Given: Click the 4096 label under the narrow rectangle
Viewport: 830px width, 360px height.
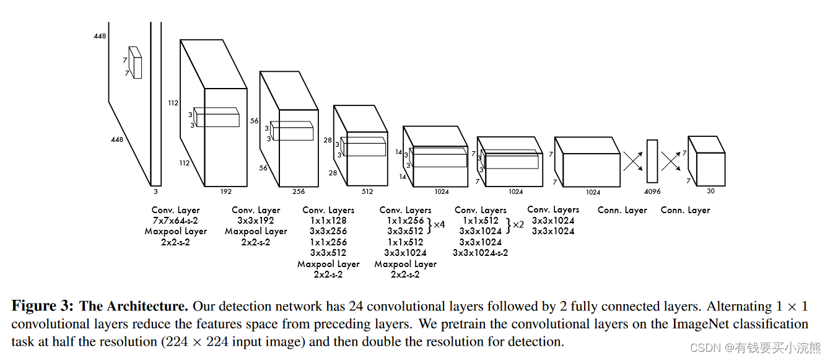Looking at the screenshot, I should coord(652,191).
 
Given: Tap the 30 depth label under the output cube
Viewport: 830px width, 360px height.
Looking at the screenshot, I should coord(710,191).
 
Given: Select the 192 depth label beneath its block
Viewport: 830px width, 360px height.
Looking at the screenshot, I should coord(225,191).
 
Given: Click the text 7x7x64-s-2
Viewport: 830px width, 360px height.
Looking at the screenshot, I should coord(175,221).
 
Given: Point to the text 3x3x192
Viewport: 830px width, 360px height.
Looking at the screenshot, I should coord(256,221).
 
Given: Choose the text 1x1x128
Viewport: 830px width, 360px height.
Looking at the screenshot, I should coord(328,221).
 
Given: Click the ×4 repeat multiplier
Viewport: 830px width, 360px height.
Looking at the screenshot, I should coord(439,224).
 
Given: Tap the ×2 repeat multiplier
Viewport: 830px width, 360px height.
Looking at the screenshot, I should coord(518,224).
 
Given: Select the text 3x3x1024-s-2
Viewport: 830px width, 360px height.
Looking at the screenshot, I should coord(481,252).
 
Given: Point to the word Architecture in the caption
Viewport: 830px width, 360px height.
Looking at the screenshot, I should coord(146,306).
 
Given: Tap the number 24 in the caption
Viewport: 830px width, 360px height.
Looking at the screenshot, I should coord(357,306).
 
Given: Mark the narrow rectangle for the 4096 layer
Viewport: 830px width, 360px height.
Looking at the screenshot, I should coord(652,162).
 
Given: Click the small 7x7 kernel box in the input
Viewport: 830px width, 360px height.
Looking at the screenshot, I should coord(135,63).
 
